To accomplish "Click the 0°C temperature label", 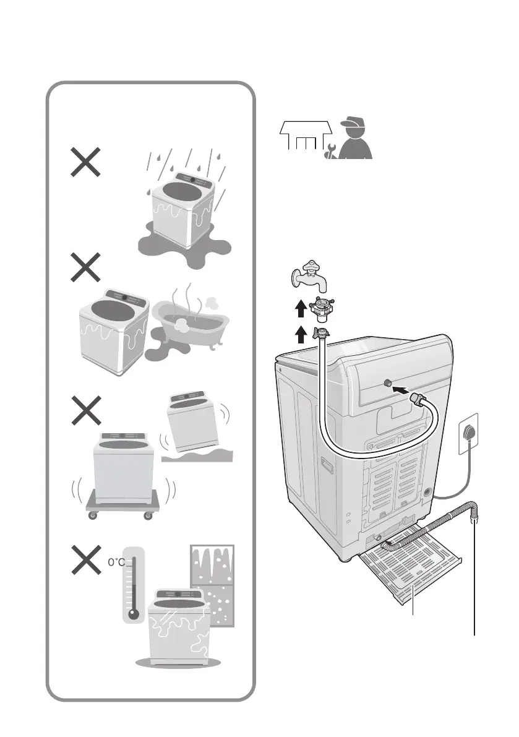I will coord(117,562).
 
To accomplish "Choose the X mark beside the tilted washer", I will coord(84,410).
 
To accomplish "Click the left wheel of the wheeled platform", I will coord(93,515).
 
